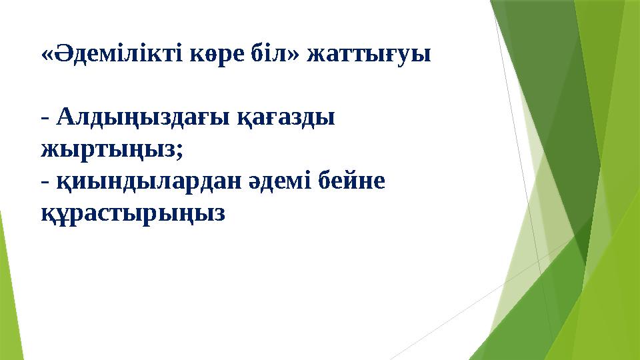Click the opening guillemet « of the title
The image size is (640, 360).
pos(47,55)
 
